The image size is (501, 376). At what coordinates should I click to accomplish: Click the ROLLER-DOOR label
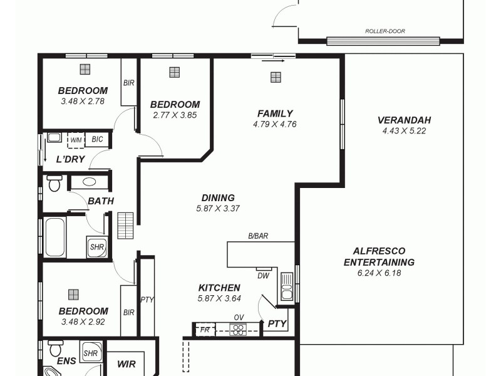383,30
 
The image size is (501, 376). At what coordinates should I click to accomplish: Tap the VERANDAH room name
404,120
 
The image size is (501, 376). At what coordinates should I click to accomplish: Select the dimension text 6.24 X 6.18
379,273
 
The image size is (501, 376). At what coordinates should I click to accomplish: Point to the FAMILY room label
275,113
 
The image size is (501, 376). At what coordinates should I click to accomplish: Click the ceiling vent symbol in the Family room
276,77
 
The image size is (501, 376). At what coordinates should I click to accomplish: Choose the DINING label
218,197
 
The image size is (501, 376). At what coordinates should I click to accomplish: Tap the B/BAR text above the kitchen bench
258,236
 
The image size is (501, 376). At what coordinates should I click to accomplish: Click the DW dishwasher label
263,275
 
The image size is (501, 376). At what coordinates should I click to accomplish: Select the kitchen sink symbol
287,286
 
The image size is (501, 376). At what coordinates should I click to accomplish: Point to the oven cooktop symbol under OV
238,329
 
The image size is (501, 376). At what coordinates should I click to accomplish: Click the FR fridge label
204,328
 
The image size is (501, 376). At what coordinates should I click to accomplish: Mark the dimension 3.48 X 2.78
83,101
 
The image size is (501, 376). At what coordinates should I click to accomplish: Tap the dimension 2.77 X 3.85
175,115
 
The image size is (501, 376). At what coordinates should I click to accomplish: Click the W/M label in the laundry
76,139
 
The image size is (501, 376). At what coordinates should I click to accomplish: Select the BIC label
97,139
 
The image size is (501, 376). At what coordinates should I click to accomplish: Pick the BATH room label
100,201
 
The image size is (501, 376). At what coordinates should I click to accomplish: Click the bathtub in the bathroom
54,236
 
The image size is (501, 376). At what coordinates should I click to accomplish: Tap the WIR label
127,363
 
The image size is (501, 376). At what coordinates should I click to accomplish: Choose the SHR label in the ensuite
91,352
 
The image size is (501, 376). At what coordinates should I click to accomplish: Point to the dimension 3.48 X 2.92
83,322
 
